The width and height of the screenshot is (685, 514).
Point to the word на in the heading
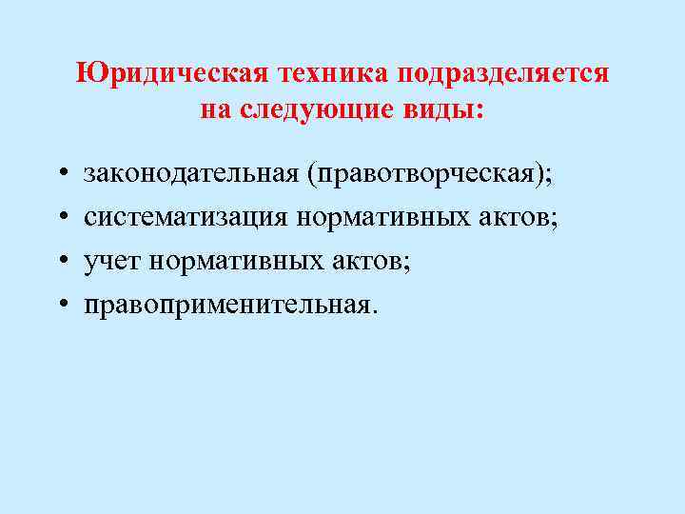(216, 109)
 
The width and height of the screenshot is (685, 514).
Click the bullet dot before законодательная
(60, 176)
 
